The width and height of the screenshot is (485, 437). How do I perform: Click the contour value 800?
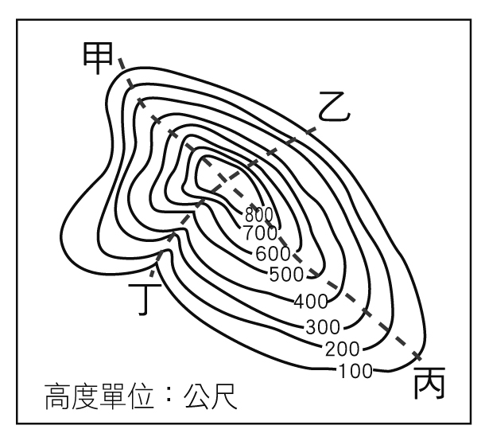point(259,213)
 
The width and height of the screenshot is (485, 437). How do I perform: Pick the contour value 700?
point(261,233)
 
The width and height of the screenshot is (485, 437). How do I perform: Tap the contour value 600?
point(272,254)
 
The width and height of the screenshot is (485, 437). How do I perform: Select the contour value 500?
point(287,275)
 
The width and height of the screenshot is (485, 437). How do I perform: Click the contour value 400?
point(310,302)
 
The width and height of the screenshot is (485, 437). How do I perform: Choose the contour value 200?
point(342,348)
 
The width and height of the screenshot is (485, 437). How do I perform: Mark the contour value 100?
point(355,369)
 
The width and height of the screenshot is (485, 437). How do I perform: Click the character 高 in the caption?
point(58,396)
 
